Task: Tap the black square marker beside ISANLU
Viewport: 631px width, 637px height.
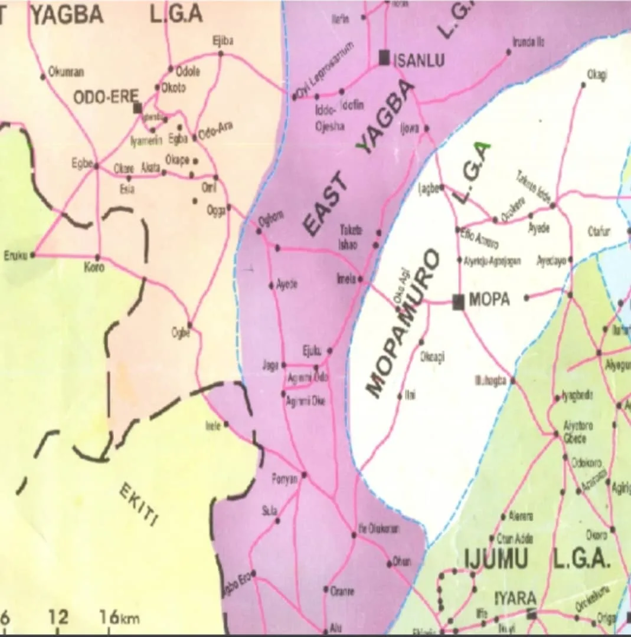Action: (x=384, y=57)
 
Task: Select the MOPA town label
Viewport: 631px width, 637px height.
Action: (x=489, y=300)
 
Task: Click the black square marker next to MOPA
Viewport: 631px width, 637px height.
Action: (x=458, y=301)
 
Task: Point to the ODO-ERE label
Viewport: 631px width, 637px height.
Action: (x=105, y=97)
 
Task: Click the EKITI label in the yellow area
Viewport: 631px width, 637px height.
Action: (x=140, y=504)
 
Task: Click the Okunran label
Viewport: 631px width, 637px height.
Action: (x=66, y=73)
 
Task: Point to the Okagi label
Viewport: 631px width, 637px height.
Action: (x=597, y=74)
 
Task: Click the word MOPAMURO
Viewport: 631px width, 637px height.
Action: (x=403, y=323)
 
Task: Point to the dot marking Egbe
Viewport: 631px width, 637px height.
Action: (x=96, y=166)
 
